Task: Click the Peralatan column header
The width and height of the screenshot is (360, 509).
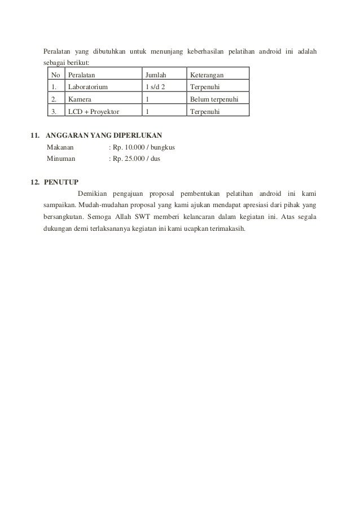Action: (x=82, y=74)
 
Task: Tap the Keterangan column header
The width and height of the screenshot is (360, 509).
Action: (x=207, y=74)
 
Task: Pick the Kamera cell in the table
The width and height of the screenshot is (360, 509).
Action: (x=80, y=99)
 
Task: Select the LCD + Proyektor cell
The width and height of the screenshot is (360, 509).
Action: (x=94, y=112)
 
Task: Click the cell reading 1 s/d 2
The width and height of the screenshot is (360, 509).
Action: (x=156, y=87)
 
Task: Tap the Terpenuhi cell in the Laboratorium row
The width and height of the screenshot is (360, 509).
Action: (x=205, y=87)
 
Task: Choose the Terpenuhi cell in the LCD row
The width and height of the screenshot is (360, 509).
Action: (x=205, y=112)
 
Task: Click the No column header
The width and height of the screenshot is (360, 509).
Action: (x=55, y=74)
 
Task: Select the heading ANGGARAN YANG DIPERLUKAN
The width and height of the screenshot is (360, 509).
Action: (x=104, y=136)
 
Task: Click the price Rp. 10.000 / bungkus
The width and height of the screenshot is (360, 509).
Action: (x=143, y=147)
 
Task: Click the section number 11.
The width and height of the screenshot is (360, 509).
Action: (x=34, y=136)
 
